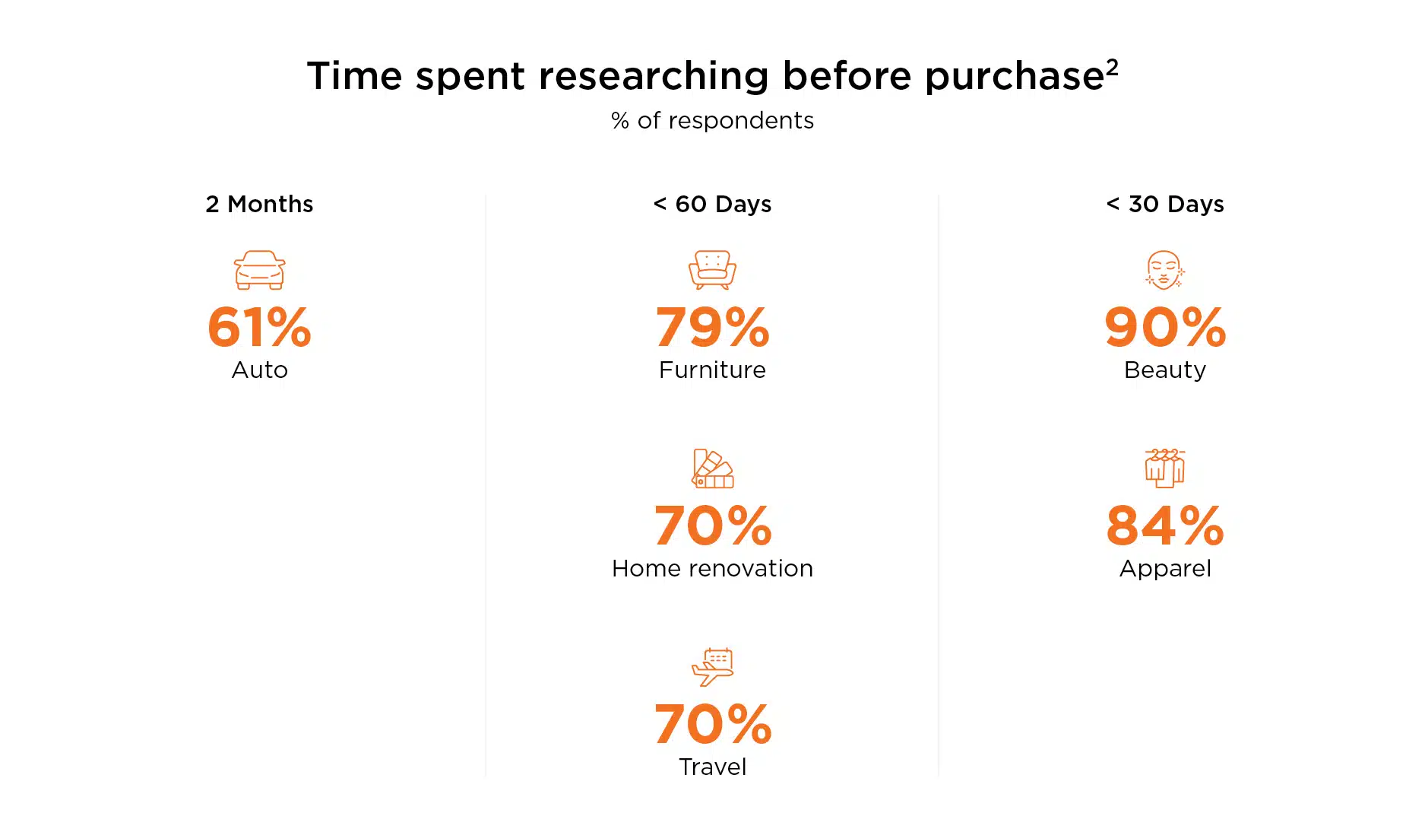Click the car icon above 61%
260,270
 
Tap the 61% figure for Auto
260,327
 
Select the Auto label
260,370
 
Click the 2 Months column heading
259,204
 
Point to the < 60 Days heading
712,204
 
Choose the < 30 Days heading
1165,204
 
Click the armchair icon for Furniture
713,270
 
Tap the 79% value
713,327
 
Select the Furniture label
713,370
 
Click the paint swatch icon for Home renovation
713,468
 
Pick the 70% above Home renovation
713,526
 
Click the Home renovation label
713,568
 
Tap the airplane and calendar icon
712,667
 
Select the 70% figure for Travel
713,724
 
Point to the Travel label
713,767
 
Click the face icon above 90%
1165,270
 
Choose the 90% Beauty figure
1165,327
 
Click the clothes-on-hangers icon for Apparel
1165,468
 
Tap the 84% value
1165,526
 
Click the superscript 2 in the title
1112,67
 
